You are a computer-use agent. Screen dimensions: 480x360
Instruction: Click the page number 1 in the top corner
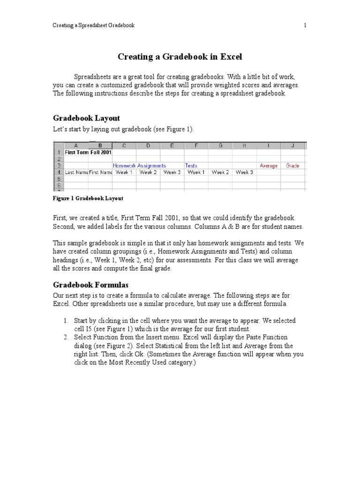[x=305, y=25]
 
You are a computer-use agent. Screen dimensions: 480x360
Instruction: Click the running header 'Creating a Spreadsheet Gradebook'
[x=93, y=25]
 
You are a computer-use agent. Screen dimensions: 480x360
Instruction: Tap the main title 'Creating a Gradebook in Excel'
[x=180, y=57]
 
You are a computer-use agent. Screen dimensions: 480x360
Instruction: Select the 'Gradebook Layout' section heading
[x=86, y=118]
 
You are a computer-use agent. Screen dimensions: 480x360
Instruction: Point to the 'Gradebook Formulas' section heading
[x=90, y=285]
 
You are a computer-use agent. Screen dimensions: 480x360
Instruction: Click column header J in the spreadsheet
[x=292, y=145]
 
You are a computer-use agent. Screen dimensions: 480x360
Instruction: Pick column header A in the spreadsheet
[x=76, y=145]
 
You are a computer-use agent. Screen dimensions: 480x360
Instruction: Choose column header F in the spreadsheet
[x=196, y=145]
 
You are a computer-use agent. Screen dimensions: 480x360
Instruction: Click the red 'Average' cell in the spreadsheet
[x=269, y=165]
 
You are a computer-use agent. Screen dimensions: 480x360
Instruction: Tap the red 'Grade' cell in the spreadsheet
[x=292, y=165]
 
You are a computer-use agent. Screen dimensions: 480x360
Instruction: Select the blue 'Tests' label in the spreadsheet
[x=191, y=165]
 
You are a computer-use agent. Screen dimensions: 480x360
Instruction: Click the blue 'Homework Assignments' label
[x=139, y=165]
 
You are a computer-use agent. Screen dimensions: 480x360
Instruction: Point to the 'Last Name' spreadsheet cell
[x=76, y=172]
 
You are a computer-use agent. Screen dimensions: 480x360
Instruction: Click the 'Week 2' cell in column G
[x=220, y=172]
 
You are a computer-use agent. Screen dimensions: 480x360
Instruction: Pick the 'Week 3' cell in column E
[x=172, y=172]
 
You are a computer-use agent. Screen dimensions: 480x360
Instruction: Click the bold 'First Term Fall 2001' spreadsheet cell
[x=88, y=152]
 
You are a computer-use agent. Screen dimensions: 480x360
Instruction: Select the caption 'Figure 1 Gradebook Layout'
[x=88, y=198]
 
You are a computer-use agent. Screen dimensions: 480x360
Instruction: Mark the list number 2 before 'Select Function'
[x=66, y=337]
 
